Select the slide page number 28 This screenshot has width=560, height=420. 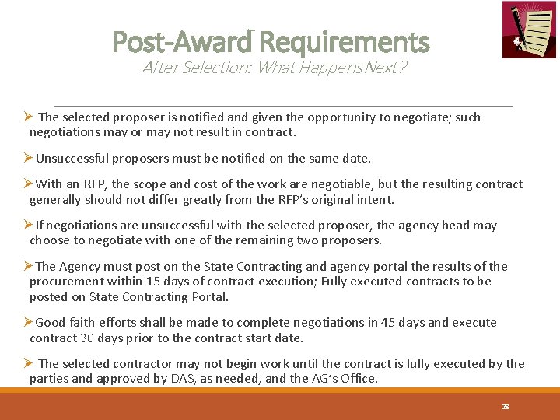tap(506, 407)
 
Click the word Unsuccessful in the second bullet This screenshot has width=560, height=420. tap(72, 159)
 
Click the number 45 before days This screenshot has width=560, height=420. tap(388, 323)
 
